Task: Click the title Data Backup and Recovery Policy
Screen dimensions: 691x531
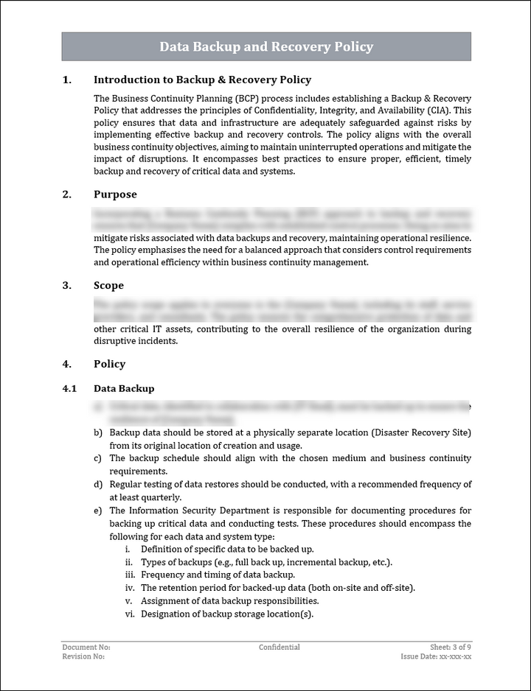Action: click(x=266, y=47)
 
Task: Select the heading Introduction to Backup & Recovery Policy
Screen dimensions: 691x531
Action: click(x=202, y=80)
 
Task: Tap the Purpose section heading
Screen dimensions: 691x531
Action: click(x=115, y=194)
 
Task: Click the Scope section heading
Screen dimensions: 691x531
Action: click(x=108, y=286)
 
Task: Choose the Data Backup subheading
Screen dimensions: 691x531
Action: click(x=124, y=388)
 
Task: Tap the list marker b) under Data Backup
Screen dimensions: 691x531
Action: click(x=98, y=432)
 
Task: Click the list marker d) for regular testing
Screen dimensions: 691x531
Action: click(x=98, y=485)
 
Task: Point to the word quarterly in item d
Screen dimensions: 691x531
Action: click(x=162, y=497)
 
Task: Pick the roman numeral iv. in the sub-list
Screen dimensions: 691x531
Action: click(x=129, y=588)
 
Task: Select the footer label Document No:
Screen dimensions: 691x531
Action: click(x=86, y=648)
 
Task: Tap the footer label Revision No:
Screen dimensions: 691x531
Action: click(x=83, y=656)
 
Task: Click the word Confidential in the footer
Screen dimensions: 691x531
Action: click(x=279, y=648)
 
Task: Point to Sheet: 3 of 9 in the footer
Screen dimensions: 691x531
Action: click(x=451, y=648)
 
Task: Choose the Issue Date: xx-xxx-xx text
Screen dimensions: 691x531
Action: click(x=436, y=656)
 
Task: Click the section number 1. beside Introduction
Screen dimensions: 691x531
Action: click(x=67, y=80)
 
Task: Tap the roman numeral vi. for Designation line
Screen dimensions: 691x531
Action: click(x=129, y=614)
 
